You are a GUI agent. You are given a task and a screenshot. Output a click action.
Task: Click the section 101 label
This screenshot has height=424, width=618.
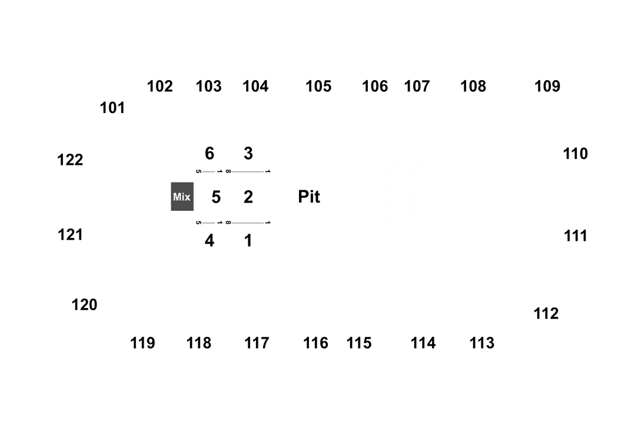[112, 108]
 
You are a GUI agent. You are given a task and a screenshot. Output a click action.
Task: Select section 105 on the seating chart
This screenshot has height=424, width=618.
[318, 87]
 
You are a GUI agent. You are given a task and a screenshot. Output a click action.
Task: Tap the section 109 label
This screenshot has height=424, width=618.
[547, 87]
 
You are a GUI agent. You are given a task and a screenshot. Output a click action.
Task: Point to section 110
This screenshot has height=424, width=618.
[576, 154]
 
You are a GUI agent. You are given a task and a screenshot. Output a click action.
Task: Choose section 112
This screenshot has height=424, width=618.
[546, 314]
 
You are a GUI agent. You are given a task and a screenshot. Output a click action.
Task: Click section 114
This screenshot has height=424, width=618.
[423, 343]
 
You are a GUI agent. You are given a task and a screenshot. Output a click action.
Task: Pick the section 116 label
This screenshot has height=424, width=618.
[315, 343]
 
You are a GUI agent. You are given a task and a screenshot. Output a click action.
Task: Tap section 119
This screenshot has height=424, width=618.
[142, 343]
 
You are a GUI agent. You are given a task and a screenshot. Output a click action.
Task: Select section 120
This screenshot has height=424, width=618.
[84, 305]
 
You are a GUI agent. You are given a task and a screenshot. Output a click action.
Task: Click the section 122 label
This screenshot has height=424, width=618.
[70, 160]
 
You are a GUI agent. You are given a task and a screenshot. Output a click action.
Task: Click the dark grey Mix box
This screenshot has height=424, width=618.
[182, 197]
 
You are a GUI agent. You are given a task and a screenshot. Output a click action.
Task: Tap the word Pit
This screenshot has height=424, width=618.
[309, 197]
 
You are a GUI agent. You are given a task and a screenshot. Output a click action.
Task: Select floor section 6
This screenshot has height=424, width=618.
[210, 154]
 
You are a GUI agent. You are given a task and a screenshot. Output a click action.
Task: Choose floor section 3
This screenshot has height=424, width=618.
[248, 154]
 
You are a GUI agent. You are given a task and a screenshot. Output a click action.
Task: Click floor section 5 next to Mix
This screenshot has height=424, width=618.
[216, 197]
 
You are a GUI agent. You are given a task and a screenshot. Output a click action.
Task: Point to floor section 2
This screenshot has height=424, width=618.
[248, 197]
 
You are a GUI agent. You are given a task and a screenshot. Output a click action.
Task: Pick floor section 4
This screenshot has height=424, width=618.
[210, 241]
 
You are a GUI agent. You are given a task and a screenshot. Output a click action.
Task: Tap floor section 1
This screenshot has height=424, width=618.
[248, 241]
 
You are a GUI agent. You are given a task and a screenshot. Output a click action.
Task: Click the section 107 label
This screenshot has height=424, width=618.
[417, 87]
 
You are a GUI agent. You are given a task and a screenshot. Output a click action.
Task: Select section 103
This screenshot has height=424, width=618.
[208, 87]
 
